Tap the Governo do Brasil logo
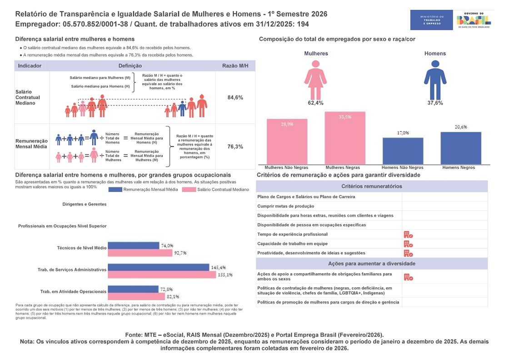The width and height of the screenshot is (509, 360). [474, 20]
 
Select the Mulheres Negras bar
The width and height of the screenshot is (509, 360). [345, 138]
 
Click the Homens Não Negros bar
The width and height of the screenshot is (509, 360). [403, 151]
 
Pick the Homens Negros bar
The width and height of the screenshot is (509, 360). [461, 148]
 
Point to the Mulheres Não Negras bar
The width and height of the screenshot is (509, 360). [286, 141]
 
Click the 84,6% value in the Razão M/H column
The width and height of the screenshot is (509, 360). [235, 97]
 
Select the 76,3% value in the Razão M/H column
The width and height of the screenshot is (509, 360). [235, 147]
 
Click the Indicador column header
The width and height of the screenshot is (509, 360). [30, 66]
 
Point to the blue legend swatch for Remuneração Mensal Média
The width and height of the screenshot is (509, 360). [115, 190]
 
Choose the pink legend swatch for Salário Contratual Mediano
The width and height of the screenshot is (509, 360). [189, 190]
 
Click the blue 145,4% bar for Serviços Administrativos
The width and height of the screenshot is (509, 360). [159, 268]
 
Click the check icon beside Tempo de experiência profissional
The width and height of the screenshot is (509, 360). [408, 235]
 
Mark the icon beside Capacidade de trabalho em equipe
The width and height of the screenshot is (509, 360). [408, 244]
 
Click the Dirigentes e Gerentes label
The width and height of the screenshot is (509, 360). [85, 204]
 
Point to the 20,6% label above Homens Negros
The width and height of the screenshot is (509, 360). [461, 127]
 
